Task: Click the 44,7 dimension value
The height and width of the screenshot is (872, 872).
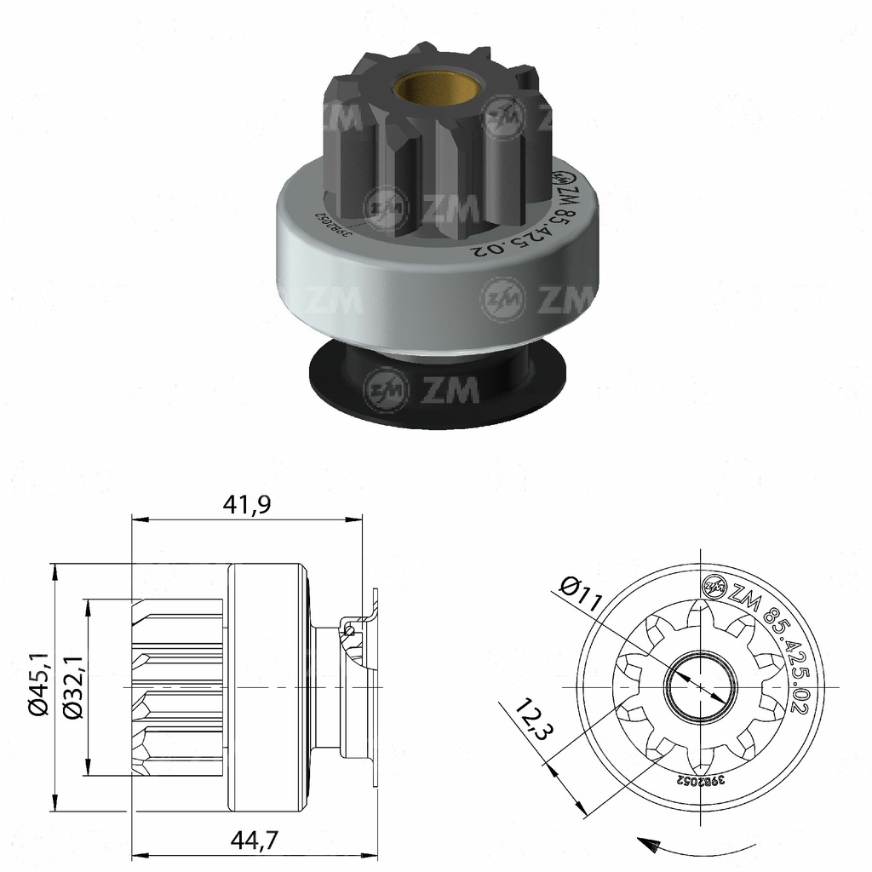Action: (255, 840)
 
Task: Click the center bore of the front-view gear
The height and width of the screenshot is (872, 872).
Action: (697, 686)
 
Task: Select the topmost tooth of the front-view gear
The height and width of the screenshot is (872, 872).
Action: (698, 608)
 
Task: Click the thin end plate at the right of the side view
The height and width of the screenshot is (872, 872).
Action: (375, 686)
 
